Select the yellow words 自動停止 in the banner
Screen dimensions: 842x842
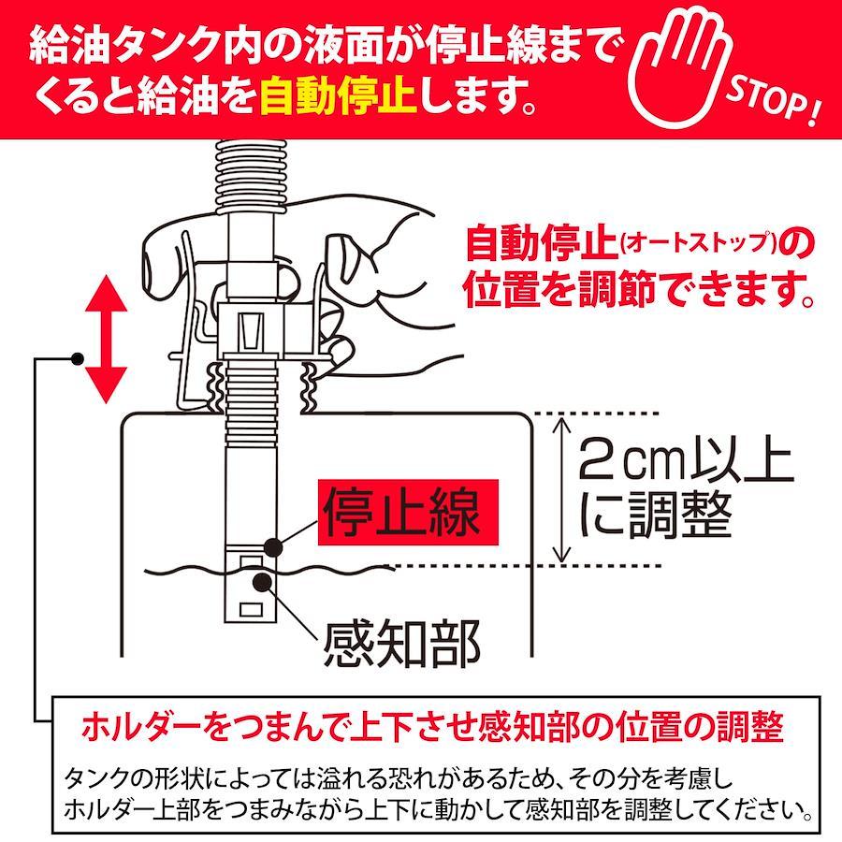pyautogui.click(x=339, y=95)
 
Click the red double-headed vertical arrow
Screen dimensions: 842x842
pyautogui.click(x=106, y=340)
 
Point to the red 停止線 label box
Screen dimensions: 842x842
pyautogui.click(x=408, y=512)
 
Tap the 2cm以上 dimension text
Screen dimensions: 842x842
pyautogui.click(x=686, y=460)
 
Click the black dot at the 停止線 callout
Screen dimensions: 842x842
pyautogui.click(x=274, y=547)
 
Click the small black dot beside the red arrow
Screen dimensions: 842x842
pyautogui.click(x=78, y=358)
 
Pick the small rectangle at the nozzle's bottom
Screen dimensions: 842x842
pyautogui.click(x=251, y=609)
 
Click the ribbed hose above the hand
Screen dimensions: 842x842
pyautogui.click(x=252, y=176)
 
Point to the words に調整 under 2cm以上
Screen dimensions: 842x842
pyautogui.click(x=656, y=515)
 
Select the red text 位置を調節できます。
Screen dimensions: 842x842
pyautogui.click(x=640, y=289)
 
